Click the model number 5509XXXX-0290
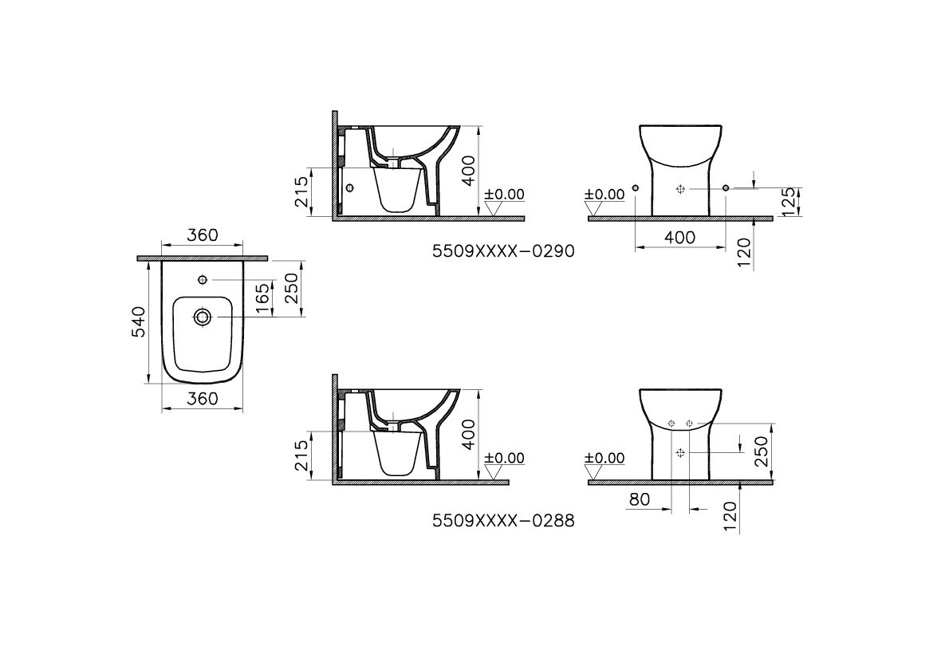(503, 251)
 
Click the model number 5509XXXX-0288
(503, 521)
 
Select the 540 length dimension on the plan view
(140, 321)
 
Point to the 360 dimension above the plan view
(202, 235)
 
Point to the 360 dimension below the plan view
(202, 398)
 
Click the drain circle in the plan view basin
(202, 317)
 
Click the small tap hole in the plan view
(202, 280)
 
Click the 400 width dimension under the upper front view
(679, 237)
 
